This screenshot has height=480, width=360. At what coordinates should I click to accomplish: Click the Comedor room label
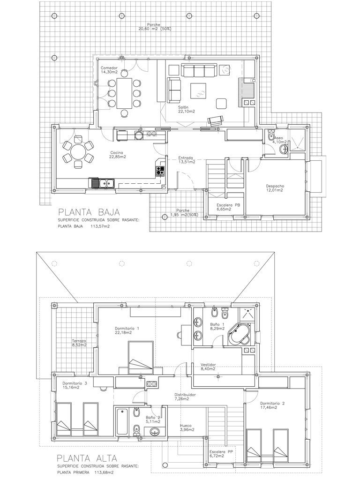(x=109, y=68)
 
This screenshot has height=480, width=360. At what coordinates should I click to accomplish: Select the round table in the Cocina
(x=78, y=152)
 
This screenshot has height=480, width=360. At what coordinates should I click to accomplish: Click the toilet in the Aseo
(x=270, y=135)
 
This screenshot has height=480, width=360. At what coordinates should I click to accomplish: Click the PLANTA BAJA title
(x=89, y=212)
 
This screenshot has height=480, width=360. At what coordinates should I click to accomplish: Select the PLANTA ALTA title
(x=87, y=458)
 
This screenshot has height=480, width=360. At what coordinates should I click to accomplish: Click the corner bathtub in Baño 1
(x=240, y=335)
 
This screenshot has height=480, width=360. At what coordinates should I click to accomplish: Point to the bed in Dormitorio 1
(x=141, y=358)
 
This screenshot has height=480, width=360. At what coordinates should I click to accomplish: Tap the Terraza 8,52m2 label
(x=79, y=343)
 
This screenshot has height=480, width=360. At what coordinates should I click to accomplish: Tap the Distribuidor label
(x=185, y=395)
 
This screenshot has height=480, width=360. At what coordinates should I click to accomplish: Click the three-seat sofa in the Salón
(x=200, y=70)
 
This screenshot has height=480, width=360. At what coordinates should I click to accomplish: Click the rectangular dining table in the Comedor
(x=124, y=93)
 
